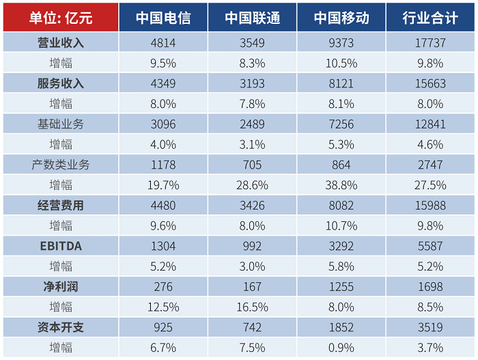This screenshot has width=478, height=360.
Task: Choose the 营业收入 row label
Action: point(60,43)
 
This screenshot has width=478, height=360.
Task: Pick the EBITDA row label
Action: point(60,246)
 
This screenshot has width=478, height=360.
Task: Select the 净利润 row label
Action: point(60,287)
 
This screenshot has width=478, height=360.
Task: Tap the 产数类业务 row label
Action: point(60,165)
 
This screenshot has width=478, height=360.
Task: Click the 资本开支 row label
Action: point(60,327)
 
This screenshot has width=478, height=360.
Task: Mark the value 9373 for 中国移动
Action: point(341,43)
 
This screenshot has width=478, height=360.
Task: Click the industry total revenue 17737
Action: point(430,43)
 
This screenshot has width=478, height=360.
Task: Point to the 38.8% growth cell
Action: point(341,185)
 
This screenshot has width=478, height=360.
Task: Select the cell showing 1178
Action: point(163,165)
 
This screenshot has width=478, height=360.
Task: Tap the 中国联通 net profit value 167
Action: point(251,287)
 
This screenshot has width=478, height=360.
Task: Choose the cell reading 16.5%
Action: point(251,307)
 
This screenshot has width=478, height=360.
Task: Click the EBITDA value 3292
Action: point(341,246)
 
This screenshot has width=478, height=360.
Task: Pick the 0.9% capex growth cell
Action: point(341,348)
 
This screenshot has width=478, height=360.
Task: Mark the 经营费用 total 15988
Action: point(430,206)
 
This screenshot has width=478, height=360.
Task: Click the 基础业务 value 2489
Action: point(251,124)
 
